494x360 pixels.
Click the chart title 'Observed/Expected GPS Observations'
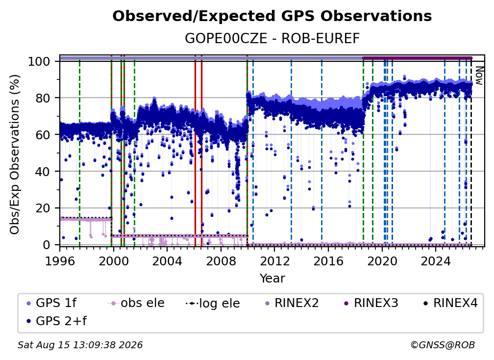(x=272, y=16)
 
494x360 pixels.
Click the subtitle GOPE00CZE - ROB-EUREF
(x=272, y=39)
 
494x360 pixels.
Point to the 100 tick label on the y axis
(x=39, y=61)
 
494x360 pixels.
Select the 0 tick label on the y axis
(x=47, y=245)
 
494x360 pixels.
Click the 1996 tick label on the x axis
(x=60, y=261)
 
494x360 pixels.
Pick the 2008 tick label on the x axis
(x=221, y=261)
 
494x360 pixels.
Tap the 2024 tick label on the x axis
(x=435, y=261)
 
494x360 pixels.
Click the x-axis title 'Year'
(x=272, y=279)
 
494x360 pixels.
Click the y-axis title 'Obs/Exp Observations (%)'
(x=15, y=154)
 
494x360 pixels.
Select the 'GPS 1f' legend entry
(x=51, y=303)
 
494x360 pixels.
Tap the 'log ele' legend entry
(x=213, y=303)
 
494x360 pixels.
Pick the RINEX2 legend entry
(x=292, y=303)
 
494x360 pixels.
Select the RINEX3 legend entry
(x=371, y=303)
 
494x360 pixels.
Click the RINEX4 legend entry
(x=451, y=303)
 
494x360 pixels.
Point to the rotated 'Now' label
(x=479, y=76)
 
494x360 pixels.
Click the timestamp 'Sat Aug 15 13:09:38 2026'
(x=80, y=345)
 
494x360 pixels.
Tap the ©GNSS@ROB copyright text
(x=443, y=345)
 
